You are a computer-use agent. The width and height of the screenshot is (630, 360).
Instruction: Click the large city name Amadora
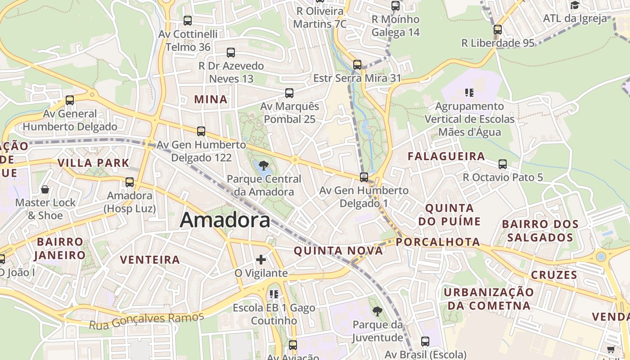coord(225,220)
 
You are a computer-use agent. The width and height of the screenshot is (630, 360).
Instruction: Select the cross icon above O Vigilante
coord(261,260)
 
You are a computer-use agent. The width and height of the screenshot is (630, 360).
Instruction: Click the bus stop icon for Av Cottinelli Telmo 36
coord(188,20)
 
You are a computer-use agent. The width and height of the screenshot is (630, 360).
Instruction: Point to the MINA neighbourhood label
coord(211,99)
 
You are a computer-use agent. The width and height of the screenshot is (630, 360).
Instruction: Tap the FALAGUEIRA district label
coord(446,156)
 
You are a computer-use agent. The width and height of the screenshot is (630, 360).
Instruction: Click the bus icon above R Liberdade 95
coord(497,30)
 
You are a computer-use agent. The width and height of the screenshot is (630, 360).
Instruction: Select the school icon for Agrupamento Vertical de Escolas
coord(469,93)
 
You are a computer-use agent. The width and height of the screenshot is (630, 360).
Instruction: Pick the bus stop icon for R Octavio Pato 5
coord(503,164)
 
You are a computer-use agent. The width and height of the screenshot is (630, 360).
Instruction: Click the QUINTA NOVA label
coord(338,251)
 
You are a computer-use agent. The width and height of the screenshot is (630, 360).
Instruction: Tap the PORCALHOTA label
coord(438,242)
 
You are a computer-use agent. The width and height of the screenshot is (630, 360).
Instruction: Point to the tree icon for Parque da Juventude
coord(377,311)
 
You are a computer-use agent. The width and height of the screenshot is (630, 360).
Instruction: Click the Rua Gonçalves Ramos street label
coord(146,320)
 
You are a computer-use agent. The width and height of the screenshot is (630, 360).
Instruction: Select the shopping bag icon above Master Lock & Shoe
coord(45,189)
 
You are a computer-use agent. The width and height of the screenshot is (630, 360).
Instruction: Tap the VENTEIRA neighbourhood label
coord(150,260)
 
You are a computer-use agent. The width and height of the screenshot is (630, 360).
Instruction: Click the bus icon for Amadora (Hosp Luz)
coord(130,182)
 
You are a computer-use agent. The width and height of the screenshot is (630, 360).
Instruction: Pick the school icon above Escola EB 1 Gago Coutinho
coord(274,294)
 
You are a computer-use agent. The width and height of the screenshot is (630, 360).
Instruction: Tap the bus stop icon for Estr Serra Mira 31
coord(357,65)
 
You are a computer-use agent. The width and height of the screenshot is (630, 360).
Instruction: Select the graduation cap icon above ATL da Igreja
coord(575,5)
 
